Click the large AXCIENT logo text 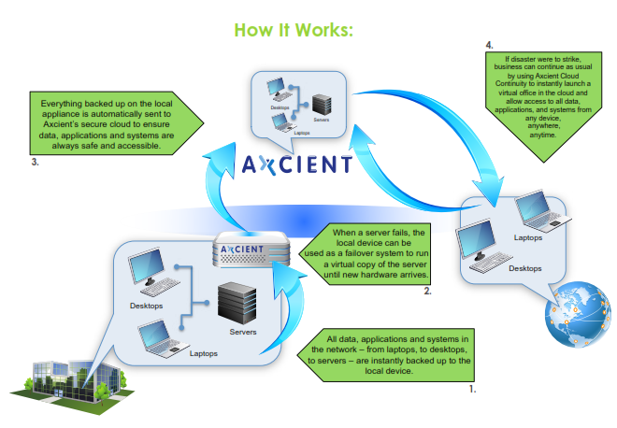pos(297,165)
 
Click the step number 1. pos(472,385)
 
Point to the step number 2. pos(427,292)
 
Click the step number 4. pos(489,44)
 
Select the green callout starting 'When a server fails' pos(378,252)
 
